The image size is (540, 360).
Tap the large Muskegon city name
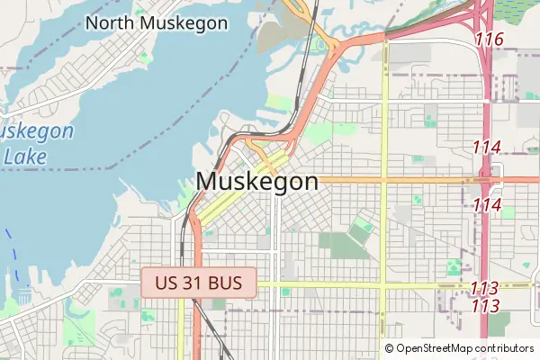256,181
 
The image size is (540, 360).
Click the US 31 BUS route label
198,283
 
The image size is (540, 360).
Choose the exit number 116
488,40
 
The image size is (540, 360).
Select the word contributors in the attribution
505,348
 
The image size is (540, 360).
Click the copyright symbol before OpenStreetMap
389,348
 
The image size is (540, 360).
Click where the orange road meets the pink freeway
486,179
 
